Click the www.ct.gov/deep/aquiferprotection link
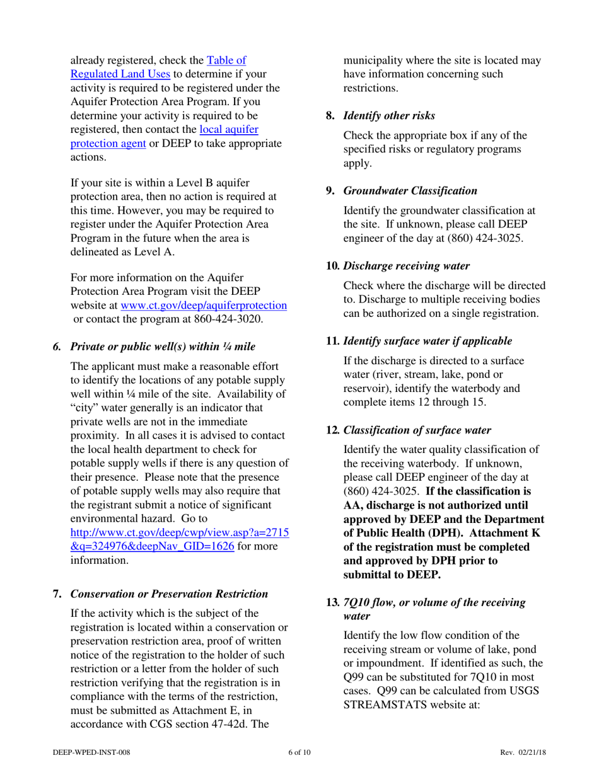203,305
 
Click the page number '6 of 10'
299,752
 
